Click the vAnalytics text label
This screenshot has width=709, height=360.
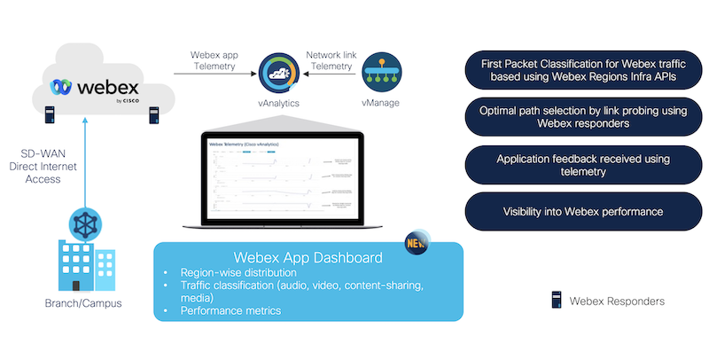(x=280, y=104)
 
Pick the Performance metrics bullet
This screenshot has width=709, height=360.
(x=230, y=311)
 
